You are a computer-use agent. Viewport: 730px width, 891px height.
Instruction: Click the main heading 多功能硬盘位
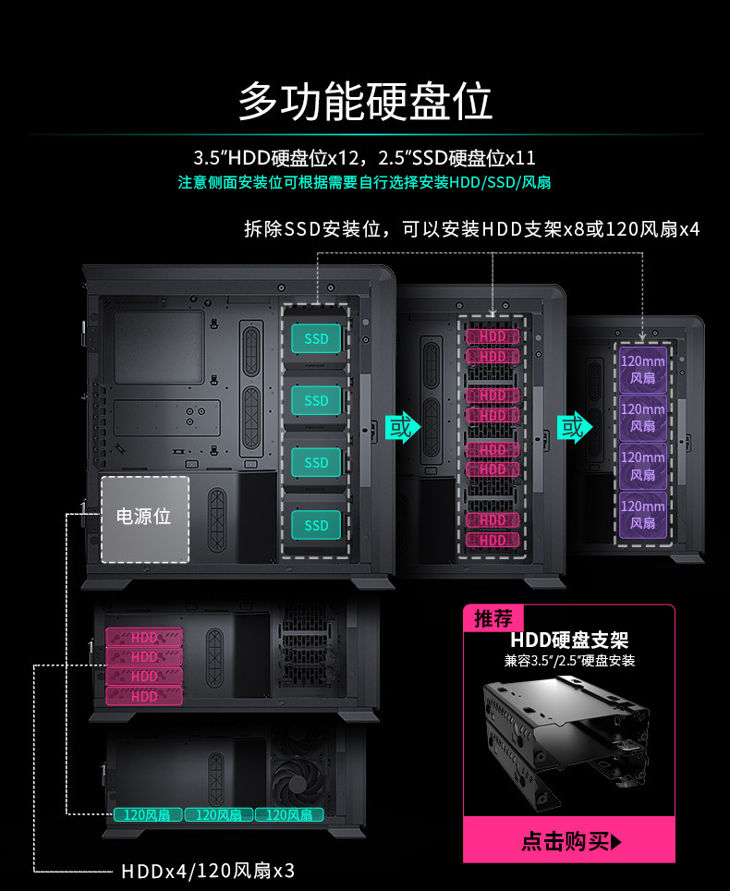[365, 101]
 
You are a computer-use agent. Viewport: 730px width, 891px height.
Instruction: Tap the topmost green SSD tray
[316, 339]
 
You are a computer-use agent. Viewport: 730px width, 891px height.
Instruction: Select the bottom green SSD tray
[316, 525]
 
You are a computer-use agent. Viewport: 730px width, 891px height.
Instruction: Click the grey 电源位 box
[144, 518]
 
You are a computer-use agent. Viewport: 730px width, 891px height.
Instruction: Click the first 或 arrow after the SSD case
[401, 428]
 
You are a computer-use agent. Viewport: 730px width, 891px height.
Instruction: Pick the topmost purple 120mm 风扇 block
[642, 369]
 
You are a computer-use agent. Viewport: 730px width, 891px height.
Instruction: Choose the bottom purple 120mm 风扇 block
[642, 514]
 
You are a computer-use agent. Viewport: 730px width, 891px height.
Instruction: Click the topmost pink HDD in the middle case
[493, 336]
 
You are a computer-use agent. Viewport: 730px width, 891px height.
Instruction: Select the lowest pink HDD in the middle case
[493, 540]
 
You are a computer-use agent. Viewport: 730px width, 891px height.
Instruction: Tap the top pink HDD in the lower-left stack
[144, 638]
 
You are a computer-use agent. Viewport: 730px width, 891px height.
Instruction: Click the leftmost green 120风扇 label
[146, 814]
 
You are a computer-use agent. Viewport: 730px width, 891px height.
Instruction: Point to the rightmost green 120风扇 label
[288, 814]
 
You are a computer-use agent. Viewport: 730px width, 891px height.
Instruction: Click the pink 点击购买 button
[569, 841]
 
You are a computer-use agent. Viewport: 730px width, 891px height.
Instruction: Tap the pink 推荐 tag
[493, 618]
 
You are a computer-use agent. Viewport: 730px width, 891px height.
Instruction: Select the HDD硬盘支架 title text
[569, 641]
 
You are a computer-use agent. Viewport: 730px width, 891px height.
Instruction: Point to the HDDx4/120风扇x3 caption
[207, 871]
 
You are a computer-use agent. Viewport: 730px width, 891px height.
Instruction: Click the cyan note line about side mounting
[365, 182]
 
